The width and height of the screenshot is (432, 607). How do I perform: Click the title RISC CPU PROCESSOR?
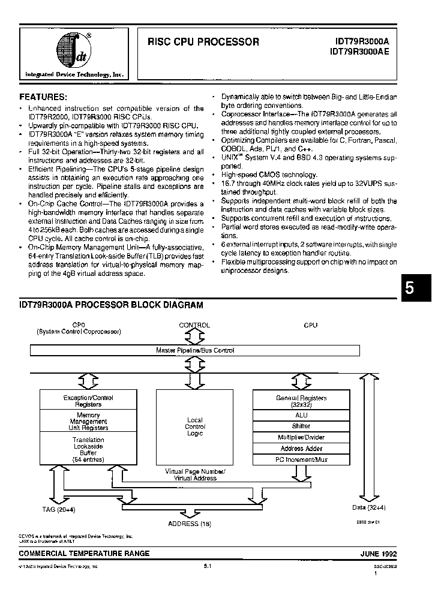point(203,43)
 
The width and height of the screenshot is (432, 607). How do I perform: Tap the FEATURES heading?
point(43,97)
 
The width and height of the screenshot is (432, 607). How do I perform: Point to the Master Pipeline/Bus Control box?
point(195,350)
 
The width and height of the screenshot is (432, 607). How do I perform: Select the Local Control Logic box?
point(195,426)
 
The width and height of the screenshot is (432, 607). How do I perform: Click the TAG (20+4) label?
point(58,509)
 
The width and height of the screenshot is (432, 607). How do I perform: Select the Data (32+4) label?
point(370,507)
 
